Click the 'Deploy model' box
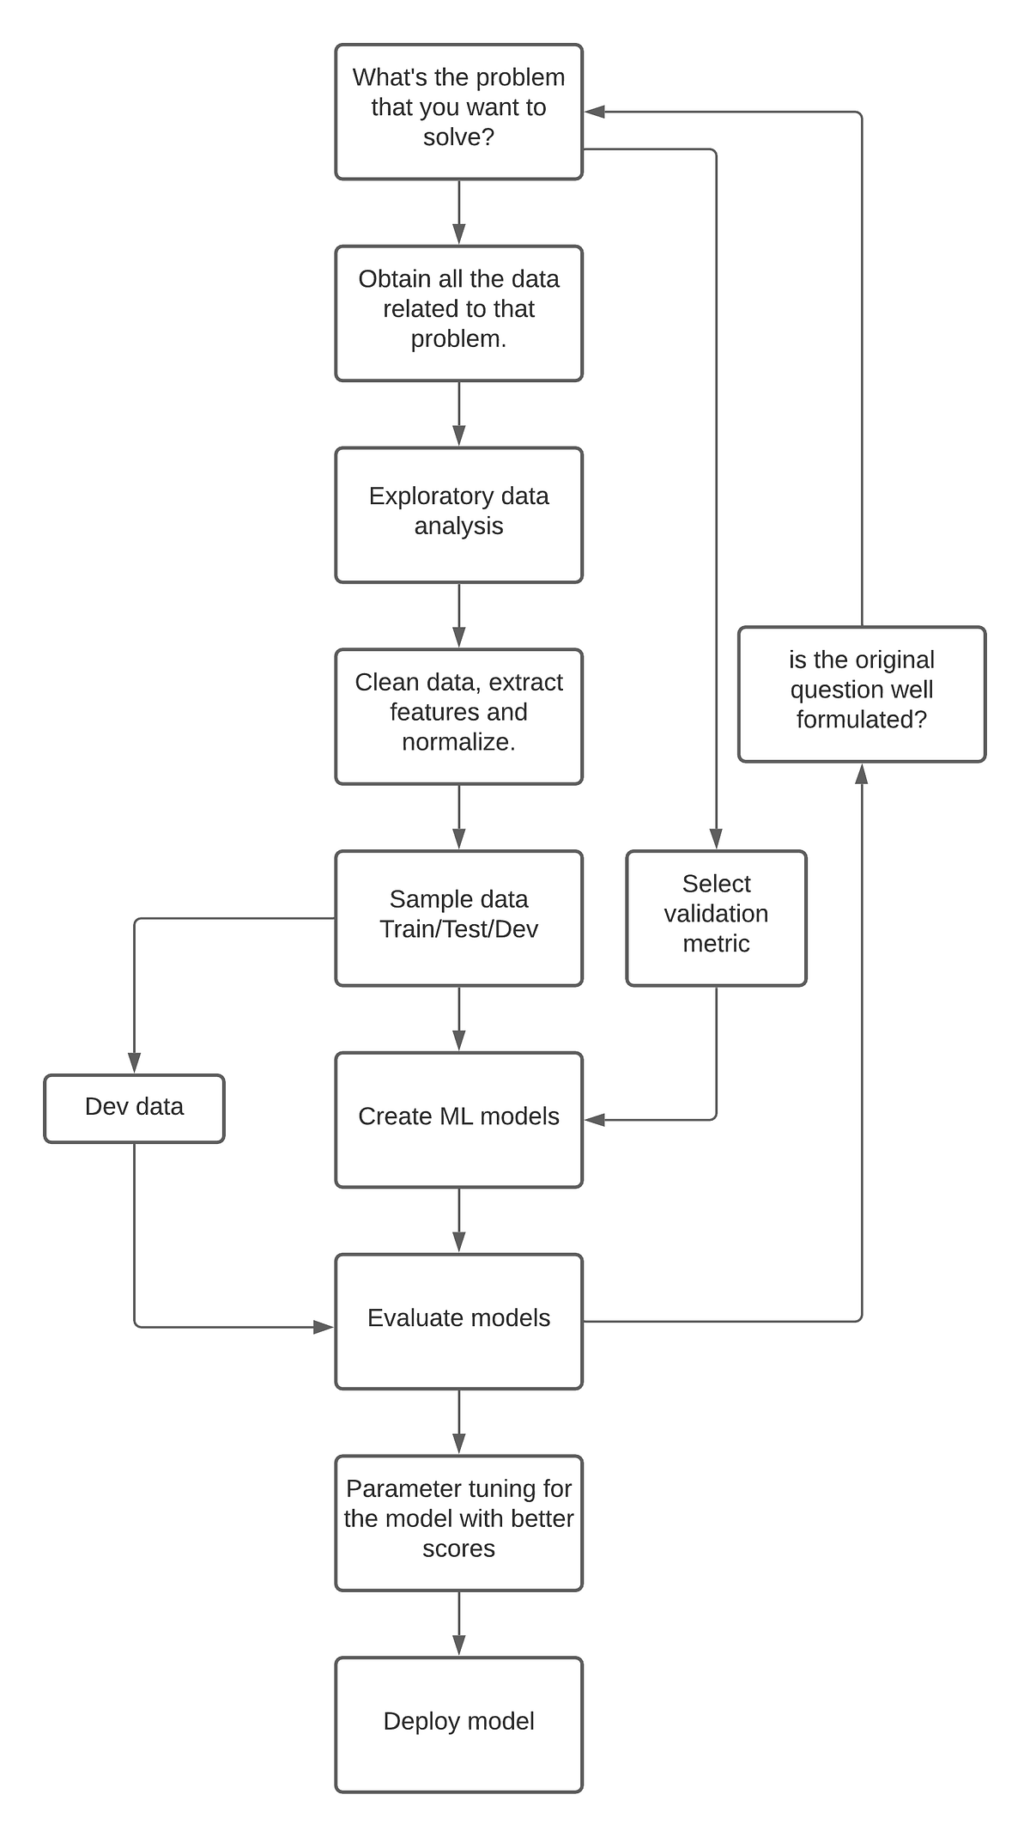click(458, 1723)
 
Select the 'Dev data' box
click(134, 1108)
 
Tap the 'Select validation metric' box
click(716, 917)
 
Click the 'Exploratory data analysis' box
click(458, 514)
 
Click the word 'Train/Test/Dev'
click(458, 929)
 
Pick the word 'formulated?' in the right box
click(861, 720)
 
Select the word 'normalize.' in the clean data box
click(458, 742)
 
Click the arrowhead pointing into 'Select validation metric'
click(716, 839)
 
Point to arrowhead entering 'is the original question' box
click(861, 774)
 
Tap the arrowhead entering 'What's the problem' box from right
click(595, 112)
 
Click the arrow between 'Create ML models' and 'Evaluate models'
click(458, 1220)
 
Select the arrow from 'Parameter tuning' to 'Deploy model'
click(458, 1623)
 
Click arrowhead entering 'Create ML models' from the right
click(595, 1120)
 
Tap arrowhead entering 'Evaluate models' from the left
click(324, 1328)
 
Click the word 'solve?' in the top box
click(458, 137)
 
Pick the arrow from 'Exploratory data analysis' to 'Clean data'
click(458, 615)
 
